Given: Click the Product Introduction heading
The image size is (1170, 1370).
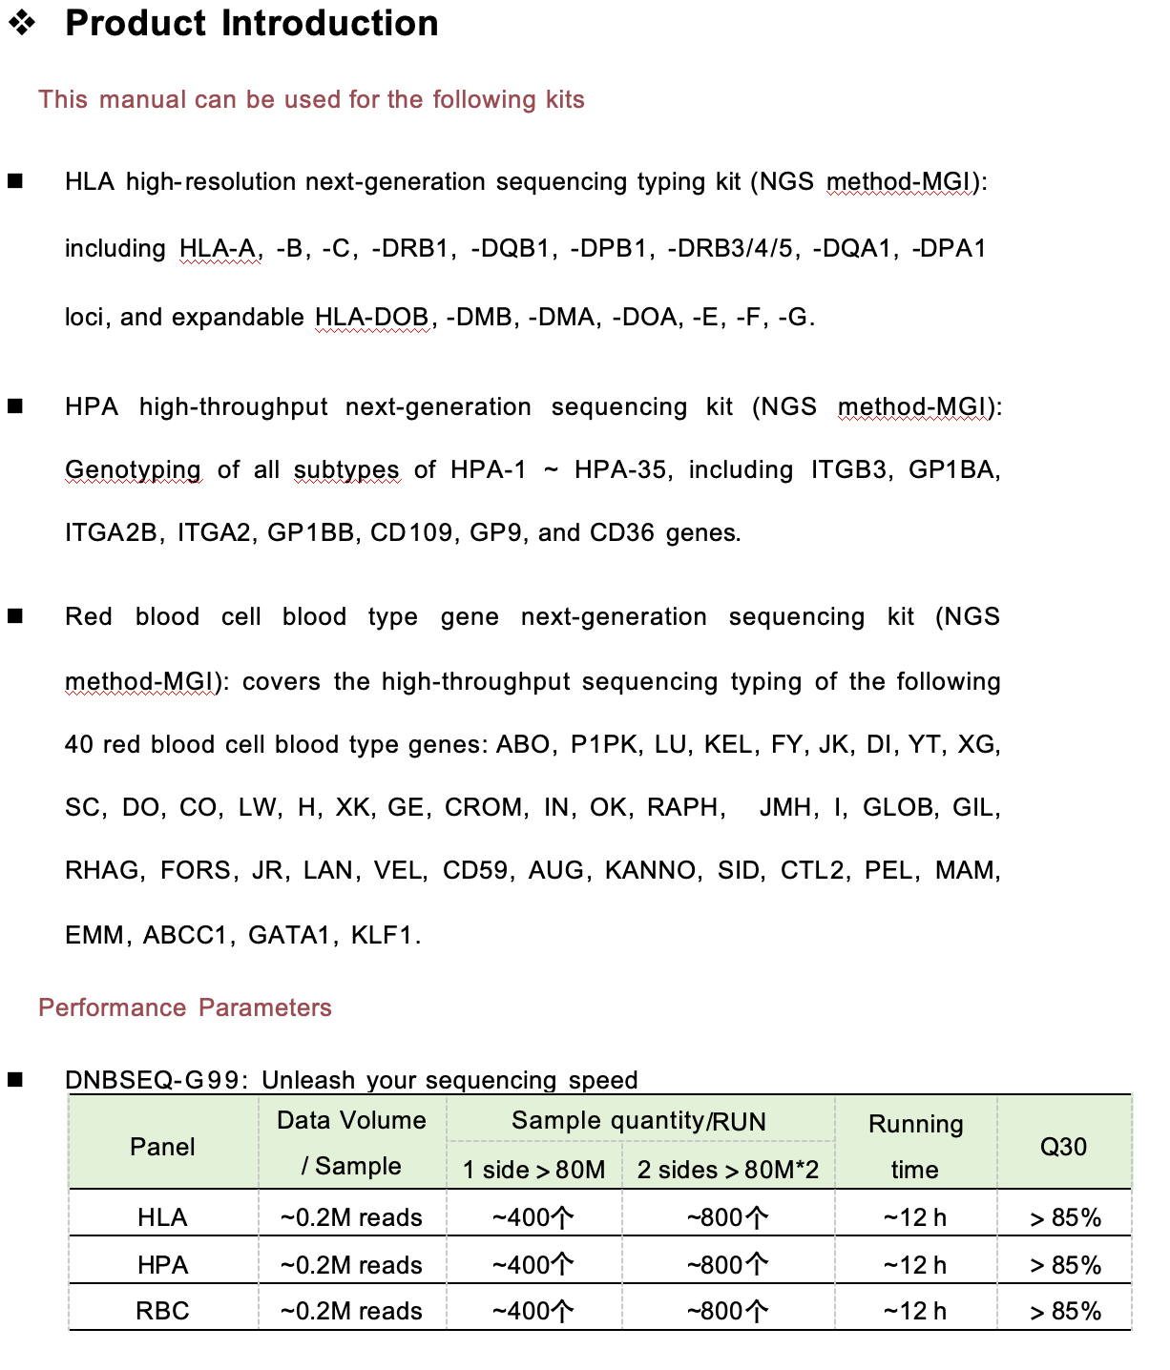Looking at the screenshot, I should tap(251, 24).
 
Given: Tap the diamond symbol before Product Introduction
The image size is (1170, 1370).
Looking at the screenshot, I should tap(21, 23).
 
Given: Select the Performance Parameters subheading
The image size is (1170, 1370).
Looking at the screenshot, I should tap(184, 1007).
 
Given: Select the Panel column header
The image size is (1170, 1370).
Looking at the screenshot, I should tap(162, 1146).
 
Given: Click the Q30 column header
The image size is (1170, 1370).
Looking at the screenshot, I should tap(1063, 1146).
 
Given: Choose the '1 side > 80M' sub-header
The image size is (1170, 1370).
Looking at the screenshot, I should tap(533, 1170).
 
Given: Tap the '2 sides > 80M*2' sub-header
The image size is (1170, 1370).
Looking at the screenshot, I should tap(727, 1170).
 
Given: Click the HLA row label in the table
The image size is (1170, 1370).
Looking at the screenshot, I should tap(162, 1217).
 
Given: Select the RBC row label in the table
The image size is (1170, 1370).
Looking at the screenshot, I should tap(162, 1311).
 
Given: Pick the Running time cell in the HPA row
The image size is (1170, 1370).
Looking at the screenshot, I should tap(914, 1265).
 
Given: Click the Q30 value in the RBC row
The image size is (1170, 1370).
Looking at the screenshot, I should tap(1065, 1311).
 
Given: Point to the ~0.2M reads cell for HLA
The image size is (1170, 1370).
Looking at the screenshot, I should tap(351, 1217).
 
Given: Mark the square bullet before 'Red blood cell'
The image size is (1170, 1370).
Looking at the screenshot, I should tap(15, 616).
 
